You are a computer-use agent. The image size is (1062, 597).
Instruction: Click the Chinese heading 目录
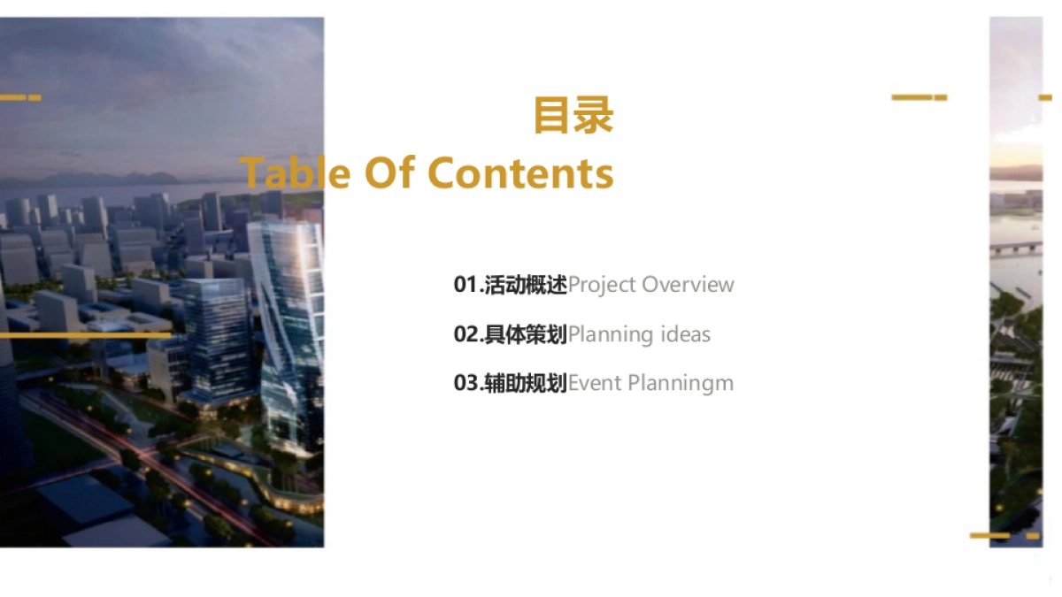[x=573, y=117]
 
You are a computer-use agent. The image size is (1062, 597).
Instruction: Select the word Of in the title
[x=389, y=172]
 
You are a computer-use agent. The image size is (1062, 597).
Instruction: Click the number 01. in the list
[x=468, y=285]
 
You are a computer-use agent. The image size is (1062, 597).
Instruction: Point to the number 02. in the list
[x=468, y=334]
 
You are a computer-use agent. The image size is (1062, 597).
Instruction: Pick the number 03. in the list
[x=468, y=383]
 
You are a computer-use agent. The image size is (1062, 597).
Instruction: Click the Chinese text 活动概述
[x=526, y=285]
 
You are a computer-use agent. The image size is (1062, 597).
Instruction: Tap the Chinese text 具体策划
[x=526, y=334]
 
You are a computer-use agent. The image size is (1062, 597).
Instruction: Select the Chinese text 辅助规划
[x=526, y=383]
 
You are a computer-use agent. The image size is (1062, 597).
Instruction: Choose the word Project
[x=602, y=286]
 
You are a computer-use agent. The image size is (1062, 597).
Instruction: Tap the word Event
[x=595, y=383]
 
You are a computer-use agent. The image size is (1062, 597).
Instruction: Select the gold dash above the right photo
[x=919, y=97]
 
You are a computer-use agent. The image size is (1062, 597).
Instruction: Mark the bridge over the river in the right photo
[x=1015, y=249]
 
